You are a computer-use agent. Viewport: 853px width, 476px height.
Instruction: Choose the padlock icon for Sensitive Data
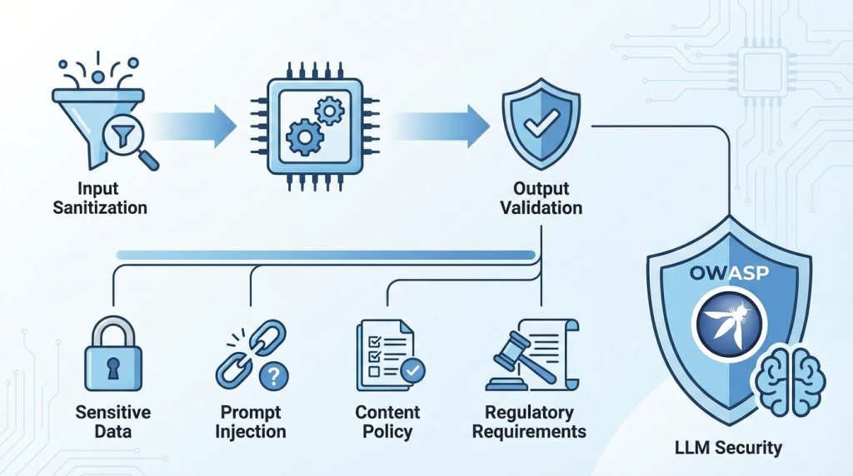point(113,355)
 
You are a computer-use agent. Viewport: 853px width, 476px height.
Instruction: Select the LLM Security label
point(728,448)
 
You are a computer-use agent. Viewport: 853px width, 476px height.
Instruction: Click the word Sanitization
point(100,207)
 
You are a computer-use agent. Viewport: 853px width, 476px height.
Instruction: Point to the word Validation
point(542,207)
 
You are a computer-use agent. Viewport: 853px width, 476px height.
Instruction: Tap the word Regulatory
point(530,412)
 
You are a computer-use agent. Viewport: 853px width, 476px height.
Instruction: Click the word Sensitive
point(113,412)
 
